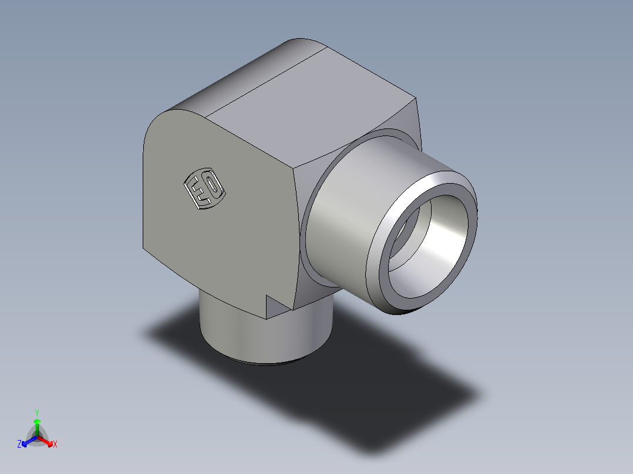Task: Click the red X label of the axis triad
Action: [55, 445]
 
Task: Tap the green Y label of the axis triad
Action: [36, 412]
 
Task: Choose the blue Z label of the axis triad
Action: [19, 445]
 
